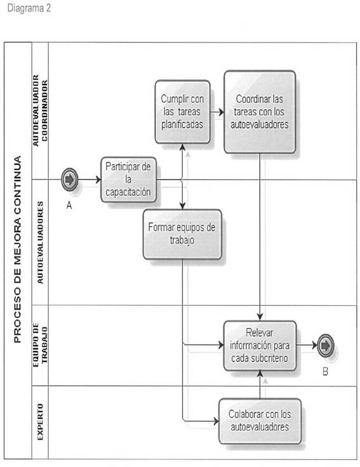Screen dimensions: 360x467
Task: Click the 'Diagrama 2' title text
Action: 29,8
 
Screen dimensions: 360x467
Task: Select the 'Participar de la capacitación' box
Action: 128,180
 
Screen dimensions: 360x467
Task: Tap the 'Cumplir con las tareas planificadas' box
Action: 182,112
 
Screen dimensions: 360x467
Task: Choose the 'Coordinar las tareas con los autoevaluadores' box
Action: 260,112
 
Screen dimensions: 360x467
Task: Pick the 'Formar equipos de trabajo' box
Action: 182,234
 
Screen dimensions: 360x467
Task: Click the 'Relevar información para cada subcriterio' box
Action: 260,345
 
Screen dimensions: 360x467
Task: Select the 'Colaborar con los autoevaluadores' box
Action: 260,421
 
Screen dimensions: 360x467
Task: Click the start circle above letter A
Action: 69,180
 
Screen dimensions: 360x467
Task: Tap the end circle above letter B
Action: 326,345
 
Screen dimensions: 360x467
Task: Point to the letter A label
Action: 69,206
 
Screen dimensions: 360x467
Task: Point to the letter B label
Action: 325,371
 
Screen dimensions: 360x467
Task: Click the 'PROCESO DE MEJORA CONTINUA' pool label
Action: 18,249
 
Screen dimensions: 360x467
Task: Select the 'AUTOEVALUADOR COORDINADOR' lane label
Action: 40,110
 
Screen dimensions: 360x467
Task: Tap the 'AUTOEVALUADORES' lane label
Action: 40,242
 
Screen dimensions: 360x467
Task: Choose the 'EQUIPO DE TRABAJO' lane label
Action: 40,345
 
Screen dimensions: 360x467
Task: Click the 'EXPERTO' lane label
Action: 40,422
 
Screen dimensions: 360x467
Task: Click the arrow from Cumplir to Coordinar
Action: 217,112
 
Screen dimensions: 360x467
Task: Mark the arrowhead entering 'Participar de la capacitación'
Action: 98,180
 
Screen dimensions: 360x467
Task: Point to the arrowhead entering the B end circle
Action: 314,345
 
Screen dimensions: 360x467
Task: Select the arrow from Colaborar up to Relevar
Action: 260,385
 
